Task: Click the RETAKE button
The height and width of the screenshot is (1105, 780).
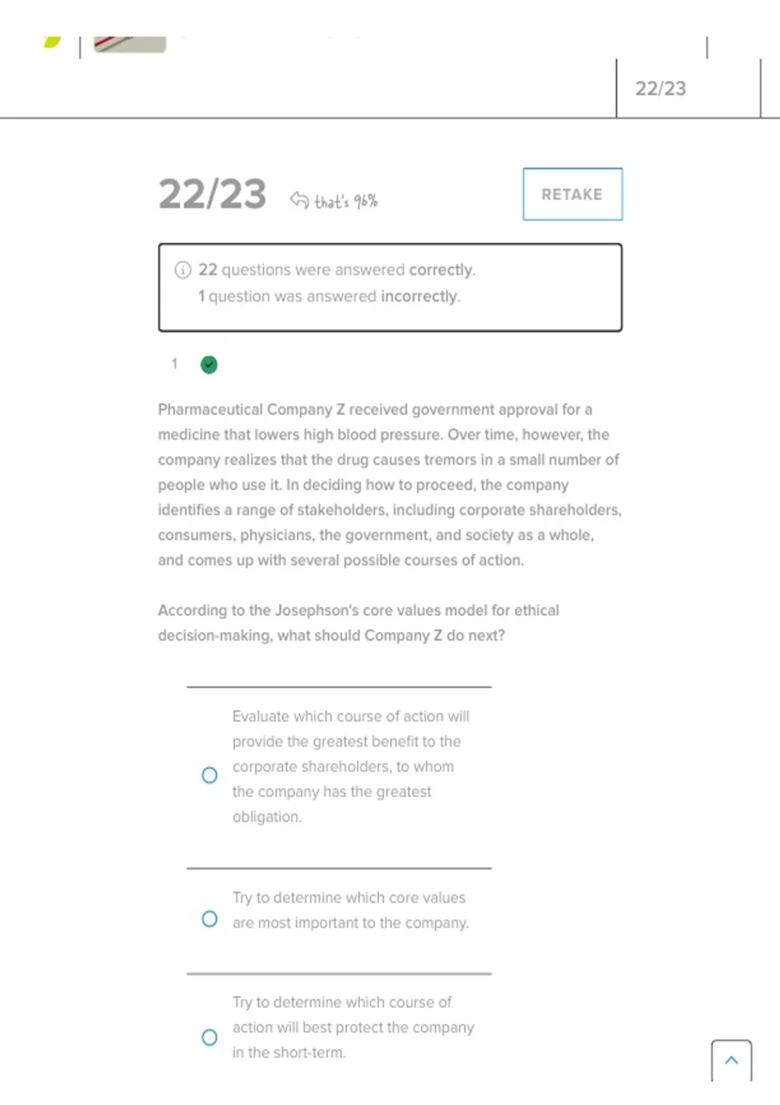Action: [572, 194]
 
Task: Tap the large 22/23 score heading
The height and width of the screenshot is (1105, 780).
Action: [212, 194]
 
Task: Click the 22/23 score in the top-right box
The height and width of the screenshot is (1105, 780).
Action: [660, 88]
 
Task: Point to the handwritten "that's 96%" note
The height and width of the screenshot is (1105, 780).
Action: [346, 201]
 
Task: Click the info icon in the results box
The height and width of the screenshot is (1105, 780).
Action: [183, 270]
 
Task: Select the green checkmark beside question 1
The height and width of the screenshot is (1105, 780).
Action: [209, 365]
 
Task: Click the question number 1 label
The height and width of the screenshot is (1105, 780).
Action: [174, 364]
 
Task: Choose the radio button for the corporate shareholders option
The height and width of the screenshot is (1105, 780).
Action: [209, 775]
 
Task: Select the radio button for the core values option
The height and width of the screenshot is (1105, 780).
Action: [209, 918]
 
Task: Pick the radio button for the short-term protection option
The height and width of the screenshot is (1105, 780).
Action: [209, 1037]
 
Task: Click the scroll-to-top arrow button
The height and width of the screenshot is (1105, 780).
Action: [731, 1060]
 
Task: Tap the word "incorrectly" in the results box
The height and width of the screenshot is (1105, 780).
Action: [419, 296]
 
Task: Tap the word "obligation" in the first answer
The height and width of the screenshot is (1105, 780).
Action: [266, 816]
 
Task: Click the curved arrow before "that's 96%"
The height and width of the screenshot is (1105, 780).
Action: [299, 200]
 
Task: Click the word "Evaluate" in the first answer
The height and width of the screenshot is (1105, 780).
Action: [261, 716]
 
